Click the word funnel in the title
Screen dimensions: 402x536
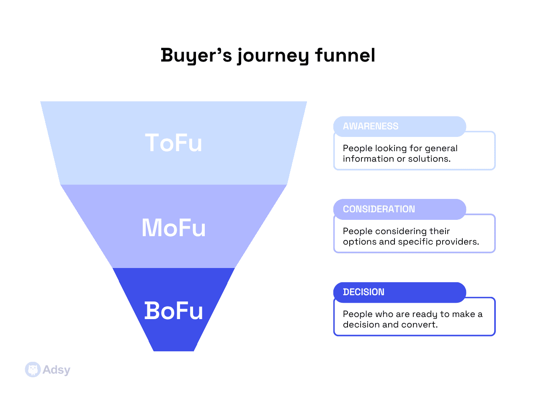click(345, 55)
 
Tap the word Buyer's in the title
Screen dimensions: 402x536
click(196, 55)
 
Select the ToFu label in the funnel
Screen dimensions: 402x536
click(173, 143)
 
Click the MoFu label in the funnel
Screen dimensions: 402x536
click(173, 228)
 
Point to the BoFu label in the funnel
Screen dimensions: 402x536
click(173, 311)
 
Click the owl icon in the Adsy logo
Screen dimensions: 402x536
click(33, 369)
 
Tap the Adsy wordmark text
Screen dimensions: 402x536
click(57, 370)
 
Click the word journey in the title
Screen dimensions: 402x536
click(273, 56)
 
